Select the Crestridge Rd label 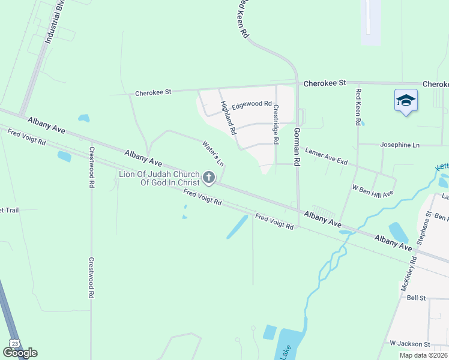(x=276, y=125)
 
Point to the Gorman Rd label (x=296, y=146)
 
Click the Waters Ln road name (x=212, y=153)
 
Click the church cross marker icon (x=209, y=177)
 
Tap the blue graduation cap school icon (x=406, y=100)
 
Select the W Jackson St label (x=409, y=344)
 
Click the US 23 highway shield (x=13, y=342)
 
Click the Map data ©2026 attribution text (x=423, y=355)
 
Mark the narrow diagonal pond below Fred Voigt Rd (x=237, y=227)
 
